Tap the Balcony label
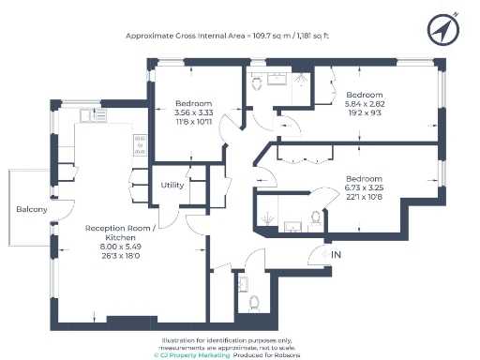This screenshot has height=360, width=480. pos(30,209)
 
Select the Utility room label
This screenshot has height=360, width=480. pos(172,185)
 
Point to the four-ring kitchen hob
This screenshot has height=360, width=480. pos(139,144)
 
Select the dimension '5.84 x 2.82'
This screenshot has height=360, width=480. pos(365,105)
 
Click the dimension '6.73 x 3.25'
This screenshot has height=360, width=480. pos(364,187)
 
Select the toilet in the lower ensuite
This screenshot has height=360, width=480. pos(314,217)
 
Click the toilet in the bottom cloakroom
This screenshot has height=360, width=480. pos(253,303)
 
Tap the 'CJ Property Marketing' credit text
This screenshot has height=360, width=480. pos(192,356)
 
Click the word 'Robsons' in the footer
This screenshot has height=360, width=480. pos(309,356)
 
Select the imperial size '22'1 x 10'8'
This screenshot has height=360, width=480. pos(364,196)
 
